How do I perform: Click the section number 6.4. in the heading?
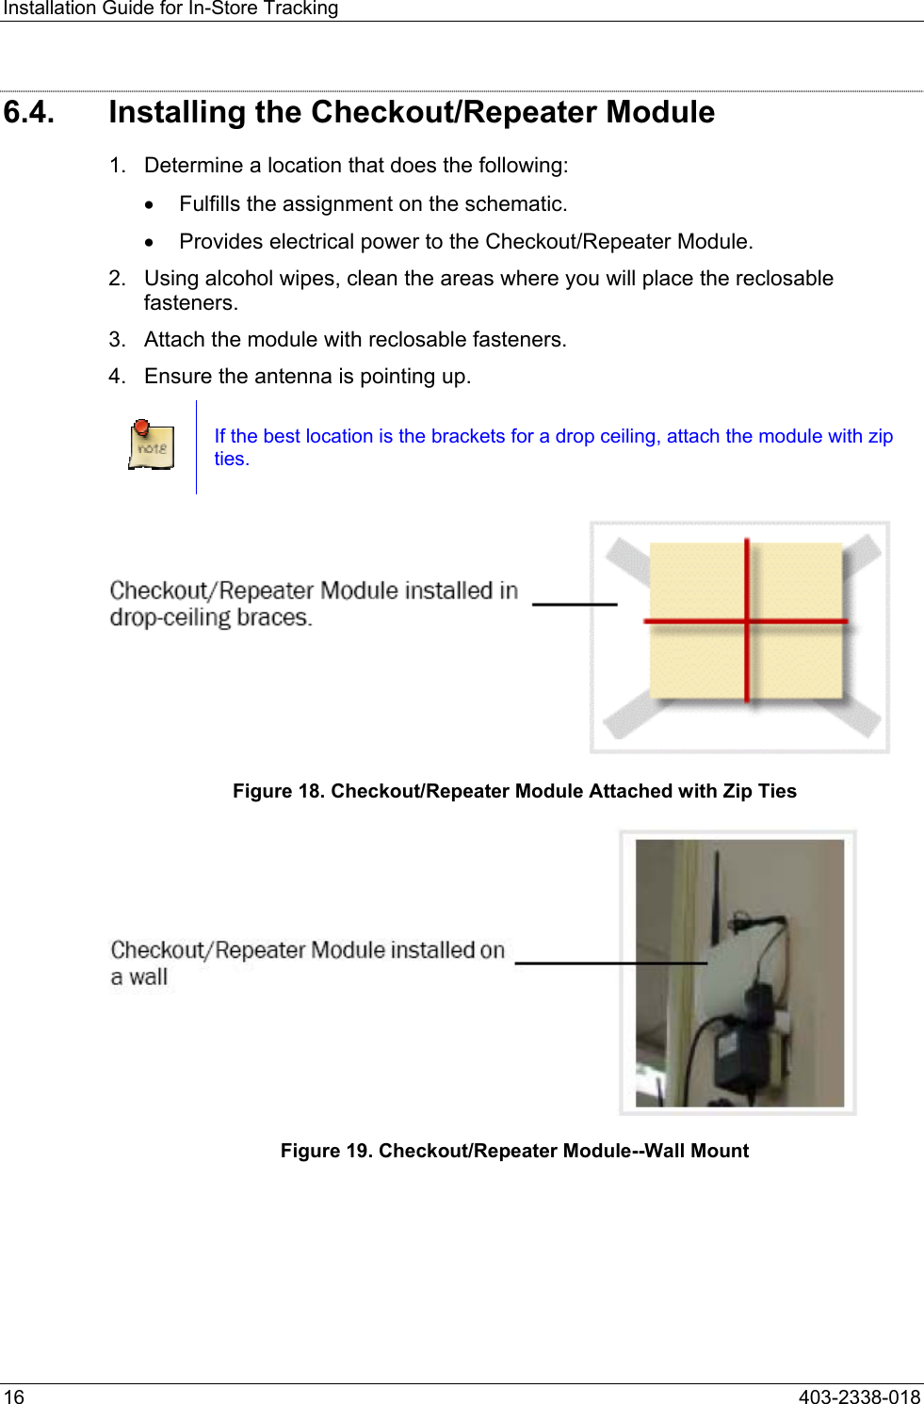tap(29, 112)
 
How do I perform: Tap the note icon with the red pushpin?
tap(152, 445)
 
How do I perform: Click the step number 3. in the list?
tap(117, 340)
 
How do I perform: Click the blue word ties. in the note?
tap(232, 460)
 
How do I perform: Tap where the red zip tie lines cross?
tap(747, 621)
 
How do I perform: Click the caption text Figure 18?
tap(278, 791)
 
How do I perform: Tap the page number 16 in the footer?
tap(14, 1396)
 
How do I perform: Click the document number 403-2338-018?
tap(859, 1396)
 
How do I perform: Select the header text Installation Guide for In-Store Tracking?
tap(170, 8)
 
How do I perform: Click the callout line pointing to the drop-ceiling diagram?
tap(575, 604)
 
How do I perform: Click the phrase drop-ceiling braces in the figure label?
tap(209, 619)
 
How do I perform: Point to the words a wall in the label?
tap(139, 977)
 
